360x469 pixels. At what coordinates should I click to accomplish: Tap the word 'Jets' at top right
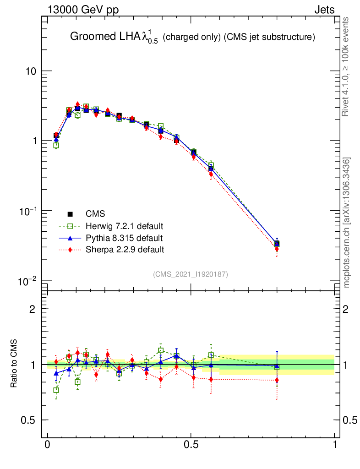point(324,10)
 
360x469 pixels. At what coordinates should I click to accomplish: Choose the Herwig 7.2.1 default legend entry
point(124,226)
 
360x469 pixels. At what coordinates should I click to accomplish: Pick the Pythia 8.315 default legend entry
point(124,238)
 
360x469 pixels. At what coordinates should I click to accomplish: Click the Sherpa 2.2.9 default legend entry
point(125,250)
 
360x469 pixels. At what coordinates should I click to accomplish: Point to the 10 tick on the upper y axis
point(30,71)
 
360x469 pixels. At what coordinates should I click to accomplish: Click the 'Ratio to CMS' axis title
point(15,365)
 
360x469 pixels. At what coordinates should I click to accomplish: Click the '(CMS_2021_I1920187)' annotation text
point(191,274)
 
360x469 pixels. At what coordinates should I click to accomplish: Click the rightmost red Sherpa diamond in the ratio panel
point(277,380)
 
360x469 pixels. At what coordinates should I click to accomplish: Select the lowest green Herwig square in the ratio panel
point(56,390)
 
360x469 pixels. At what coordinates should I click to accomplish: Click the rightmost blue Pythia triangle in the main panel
point(277,242)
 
